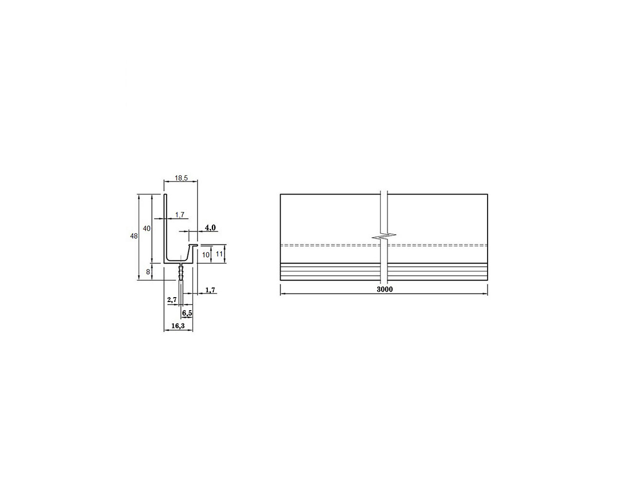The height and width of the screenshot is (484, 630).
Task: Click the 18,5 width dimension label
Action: coord(181,178)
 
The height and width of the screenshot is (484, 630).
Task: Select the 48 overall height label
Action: coord(134,236)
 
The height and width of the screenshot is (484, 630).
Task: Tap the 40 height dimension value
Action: coord(147,228)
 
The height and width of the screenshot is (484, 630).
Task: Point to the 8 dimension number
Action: coord(148,272)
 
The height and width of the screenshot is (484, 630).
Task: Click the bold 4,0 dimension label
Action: coord(210,227)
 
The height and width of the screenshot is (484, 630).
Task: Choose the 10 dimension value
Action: coord(205,255)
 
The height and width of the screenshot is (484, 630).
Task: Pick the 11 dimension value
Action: coord(219,254)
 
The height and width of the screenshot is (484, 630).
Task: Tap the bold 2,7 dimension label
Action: coord(172,300)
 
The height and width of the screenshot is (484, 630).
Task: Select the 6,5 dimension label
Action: coord(187,313)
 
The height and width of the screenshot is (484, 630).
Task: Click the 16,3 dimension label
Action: coord(178,326)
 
